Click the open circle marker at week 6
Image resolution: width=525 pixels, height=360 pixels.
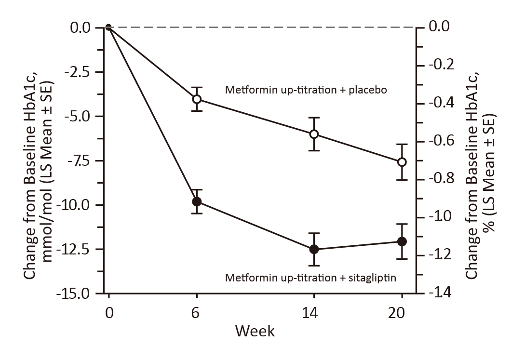point(197,99)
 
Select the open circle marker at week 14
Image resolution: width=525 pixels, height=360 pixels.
point(314,134)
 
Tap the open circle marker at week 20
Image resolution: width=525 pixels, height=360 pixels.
point(402,162)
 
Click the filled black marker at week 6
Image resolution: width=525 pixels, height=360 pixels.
point(197,201)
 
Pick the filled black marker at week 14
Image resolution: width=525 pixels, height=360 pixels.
point(314,249)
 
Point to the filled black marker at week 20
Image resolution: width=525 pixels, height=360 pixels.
point(402,241)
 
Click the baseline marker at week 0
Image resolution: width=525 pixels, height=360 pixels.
point(108,27)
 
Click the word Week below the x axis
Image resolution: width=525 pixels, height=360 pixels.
point(255,332)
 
